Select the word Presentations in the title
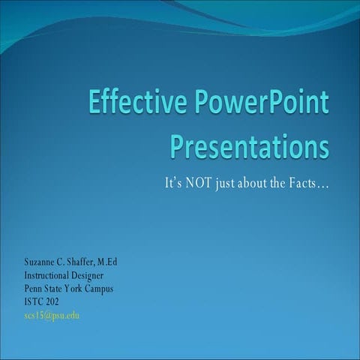pyautogui.click(x=250, y=145)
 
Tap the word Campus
pyautogui.click(x=109, y=288)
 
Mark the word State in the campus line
pyautogui.click(x=55, y=288)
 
